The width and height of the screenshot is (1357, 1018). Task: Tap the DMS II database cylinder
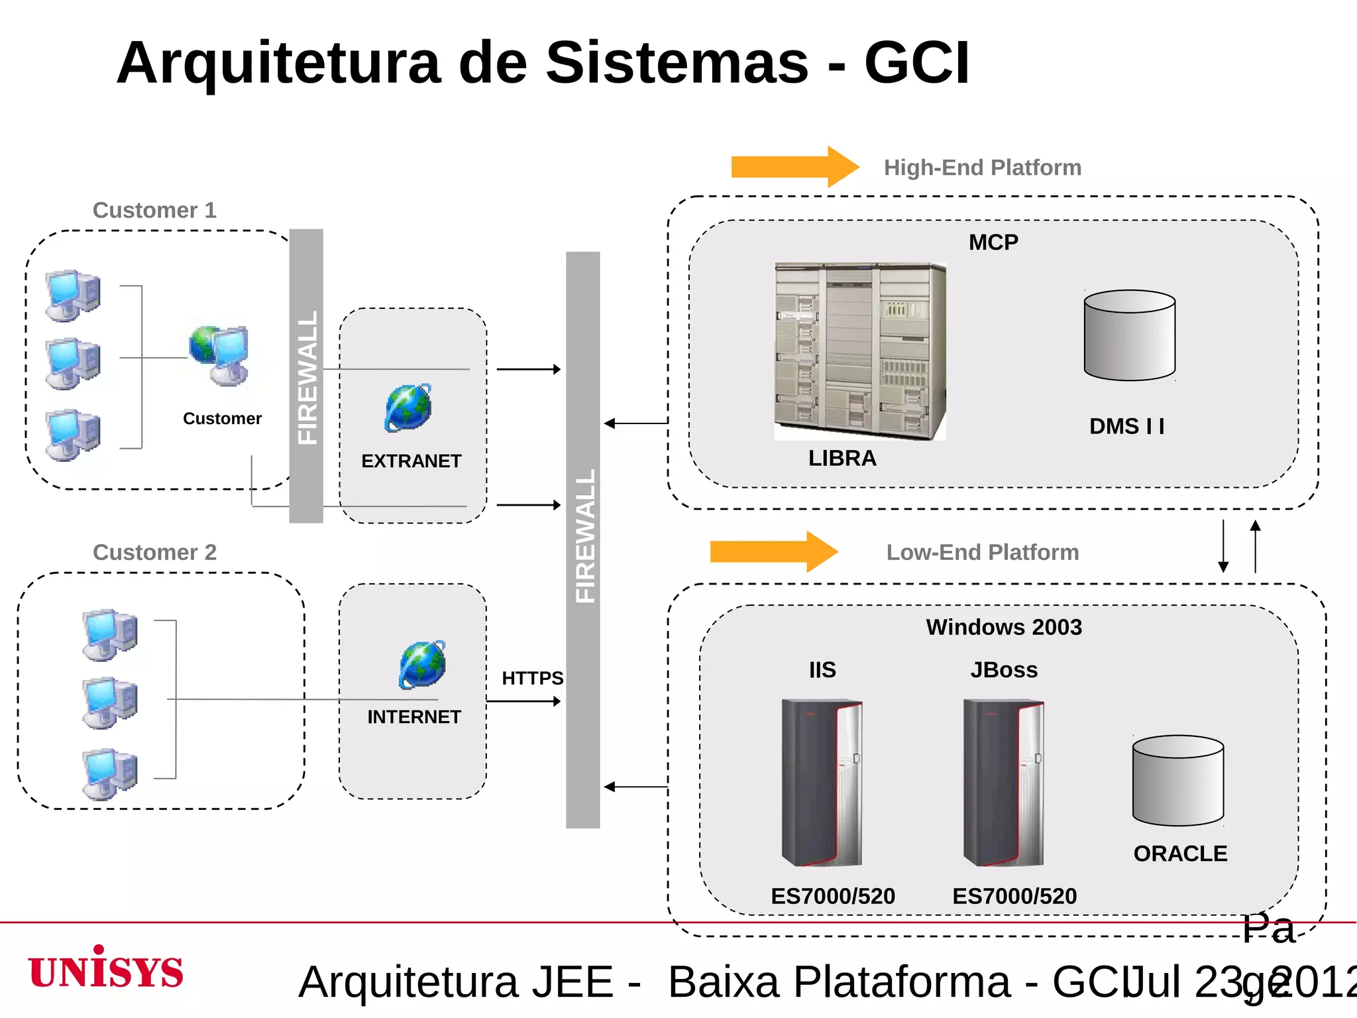point(1130,335)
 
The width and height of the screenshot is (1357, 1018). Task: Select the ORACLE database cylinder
point(1178,781)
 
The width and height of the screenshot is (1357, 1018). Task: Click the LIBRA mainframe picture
point(860,351)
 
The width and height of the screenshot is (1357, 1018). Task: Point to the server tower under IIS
point(822,783)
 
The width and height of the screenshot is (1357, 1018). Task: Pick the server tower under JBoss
point(1003,783)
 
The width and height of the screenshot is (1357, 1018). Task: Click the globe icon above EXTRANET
point(408,408)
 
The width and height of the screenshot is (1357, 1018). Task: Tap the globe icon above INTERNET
point(422,664)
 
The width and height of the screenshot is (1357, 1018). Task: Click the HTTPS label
point(532,678)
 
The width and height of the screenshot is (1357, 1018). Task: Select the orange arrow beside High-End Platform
point(794,167)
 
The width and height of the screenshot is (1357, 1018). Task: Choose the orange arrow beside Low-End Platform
point(773,551)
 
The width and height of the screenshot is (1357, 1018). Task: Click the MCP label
point(993,243)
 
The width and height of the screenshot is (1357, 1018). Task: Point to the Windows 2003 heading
point(1003,627)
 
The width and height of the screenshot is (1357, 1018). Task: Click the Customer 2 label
point(154,552)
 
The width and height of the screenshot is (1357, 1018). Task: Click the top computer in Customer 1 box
point(74,296)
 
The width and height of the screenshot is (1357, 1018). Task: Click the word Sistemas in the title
point(677,63)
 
